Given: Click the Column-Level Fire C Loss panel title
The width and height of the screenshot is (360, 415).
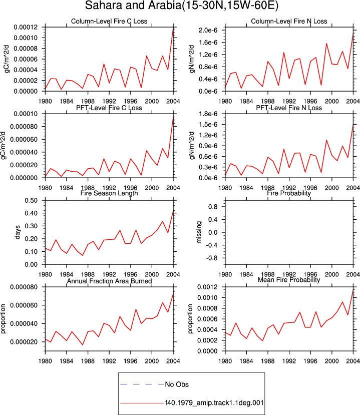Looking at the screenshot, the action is tap(109, 21).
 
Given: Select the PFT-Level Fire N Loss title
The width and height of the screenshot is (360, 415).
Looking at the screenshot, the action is tap(289, 108).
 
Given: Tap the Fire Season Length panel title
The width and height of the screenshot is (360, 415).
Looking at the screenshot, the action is tap(109, 193).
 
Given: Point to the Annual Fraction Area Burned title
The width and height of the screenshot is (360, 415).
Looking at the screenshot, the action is tap(109, 281).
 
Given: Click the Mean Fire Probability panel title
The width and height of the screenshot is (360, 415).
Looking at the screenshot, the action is tap(289, 280).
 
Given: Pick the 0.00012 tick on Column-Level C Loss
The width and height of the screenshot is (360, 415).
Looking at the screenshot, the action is tap(26, 27).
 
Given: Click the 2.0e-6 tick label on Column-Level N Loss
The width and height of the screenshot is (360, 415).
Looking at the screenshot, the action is tap(208, 30).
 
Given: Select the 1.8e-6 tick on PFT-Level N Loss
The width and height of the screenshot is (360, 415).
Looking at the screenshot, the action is tap(208, 114).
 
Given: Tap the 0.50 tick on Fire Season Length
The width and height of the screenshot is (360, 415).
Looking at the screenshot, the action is tap(31, 200).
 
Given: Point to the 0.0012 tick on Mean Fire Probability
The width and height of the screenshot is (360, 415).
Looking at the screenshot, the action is tap(207, 287).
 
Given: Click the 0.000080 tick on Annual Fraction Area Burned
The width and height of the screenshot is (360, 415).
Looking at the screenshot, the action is tap(24, 287).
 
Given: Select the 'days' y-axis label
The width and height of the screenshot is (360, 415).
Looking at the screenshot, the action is tap(17, 232).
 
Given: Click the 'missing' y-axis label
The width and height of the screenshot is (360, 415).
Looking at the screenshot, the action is tap(199, 232).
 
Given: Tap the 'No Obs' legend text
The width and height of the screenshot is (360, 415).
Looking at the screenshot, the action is tap(177, 384).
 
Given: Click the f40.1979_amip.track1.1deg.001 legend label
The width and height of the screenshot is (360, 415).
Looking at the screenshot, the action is tap(214, 403).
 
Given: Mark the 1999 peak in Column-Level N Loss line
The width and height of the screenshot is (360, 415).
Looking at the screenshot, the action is tap(326, 44).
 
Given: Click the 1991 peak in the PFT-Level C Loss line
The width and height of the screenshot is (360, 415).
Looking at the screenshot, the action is tap(104, 159).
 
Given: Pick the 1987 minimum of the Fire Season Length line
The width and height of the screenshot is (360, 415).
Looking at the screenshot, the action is tap(83, 255).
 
